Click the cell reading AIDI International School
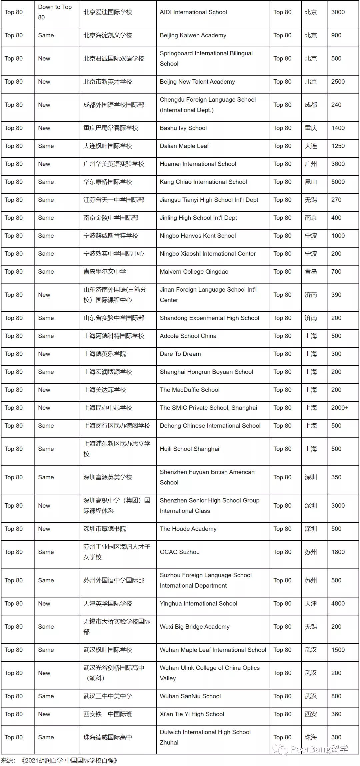pos(193,12)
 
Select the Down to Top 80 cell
pos(55,12)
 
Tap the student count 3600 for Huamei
pos(338,164)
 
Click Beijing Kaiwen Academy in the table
pos(193,35)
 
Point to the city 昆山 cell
pos(311,182)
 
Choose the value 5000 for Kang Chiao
pos(338,182)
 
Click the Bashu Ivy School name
pos(183,128)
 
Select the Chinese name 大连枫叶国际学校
pos(108,146)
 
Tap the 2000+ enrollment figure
pos(340,408)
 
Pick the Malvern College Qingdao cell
pos(194,272)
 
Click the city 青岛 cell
pos(311,272)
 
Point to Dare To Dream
pos(180,354)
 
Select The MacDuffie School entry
pos(190,390)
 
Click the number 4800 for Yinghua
pos(338,604)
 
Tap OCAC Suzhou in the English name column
pos(180,552)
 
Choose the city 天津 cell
pos(311,604)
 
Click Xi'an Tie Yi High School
pos(192,714)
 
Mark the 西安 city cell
pos(311,714)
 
